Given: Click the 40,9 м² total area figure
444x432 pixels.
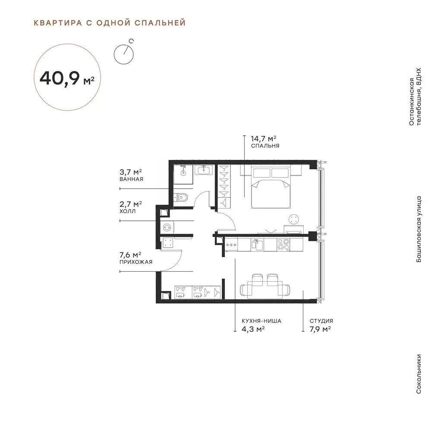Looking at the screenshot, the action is click(x=67, y=78).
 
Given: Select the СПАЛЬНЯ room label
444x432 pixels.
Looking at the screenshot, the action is click(x=265, y=146).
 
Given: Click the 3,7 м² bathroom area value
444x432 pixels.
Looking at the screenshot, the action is click(x=131, y=172).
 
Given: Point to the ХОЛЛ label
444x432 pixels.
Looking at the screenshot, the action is click(x=127, y=211).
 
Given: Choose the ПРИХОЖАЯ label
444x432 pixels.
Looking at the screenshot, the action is click(x=136, y=262).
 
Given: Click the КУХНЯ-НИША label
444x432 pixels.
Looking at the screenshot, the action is click(x=261, y=321).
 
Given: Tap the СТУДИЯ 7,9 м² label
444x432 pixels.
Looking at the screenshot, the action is click(x=321, y=325).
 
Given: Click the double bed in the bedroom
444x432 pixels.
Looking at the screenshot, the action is click(x=271, y=187).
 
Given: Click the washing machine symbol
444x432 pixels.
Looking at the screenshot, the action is click(x=167, y=227).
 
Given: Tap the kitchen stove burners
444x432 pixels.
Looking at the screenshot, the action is click(x=283, y=245).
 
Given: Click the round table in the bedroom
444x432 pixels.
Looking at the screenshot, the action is click(x=294, y=219).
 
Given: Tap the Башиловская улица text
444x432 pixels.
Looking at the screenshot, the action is click(x=419, y=229).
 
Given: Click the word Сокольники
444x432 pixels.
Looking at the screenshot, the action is click(x=419, y=374).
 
